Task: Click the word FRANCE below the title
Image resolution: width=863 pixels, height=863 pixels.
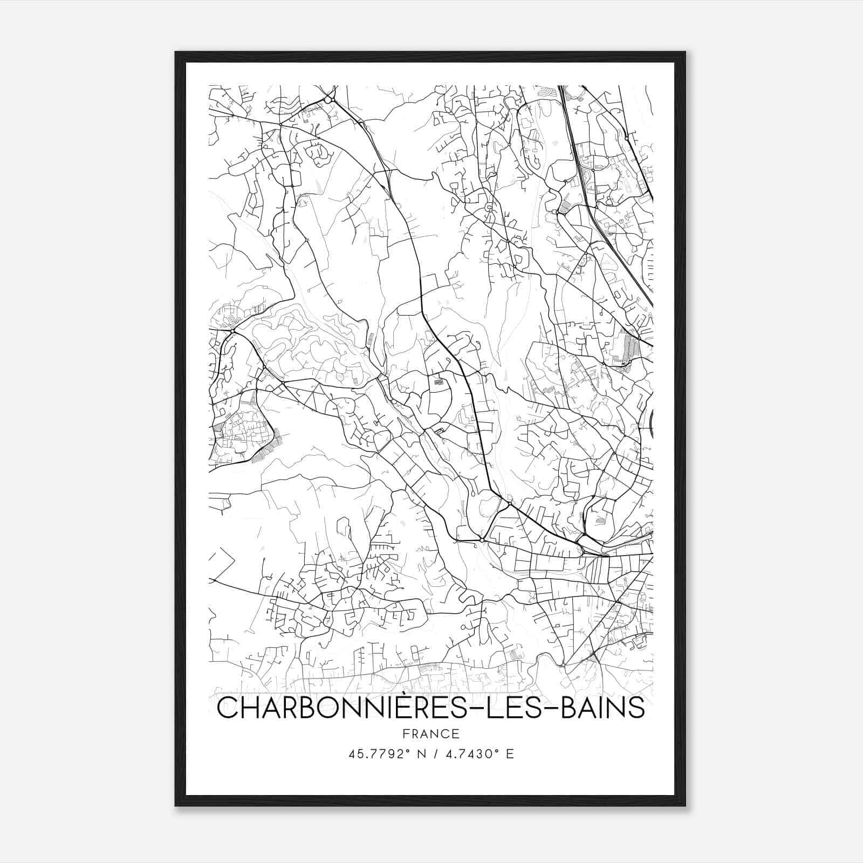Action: pyautogui.click(x=430, y=734)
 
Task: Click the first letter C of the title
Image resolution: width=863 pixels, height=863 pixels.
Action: pyautogui.click(x=227, y=708)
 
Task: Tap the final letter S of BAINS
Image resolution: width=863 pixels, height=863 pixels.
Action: pyautogui.click(x=636, y=708)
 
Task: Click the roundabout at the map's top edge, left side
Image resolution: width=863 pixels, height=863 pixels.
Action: pyautogui.click(x=328, y=100)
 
